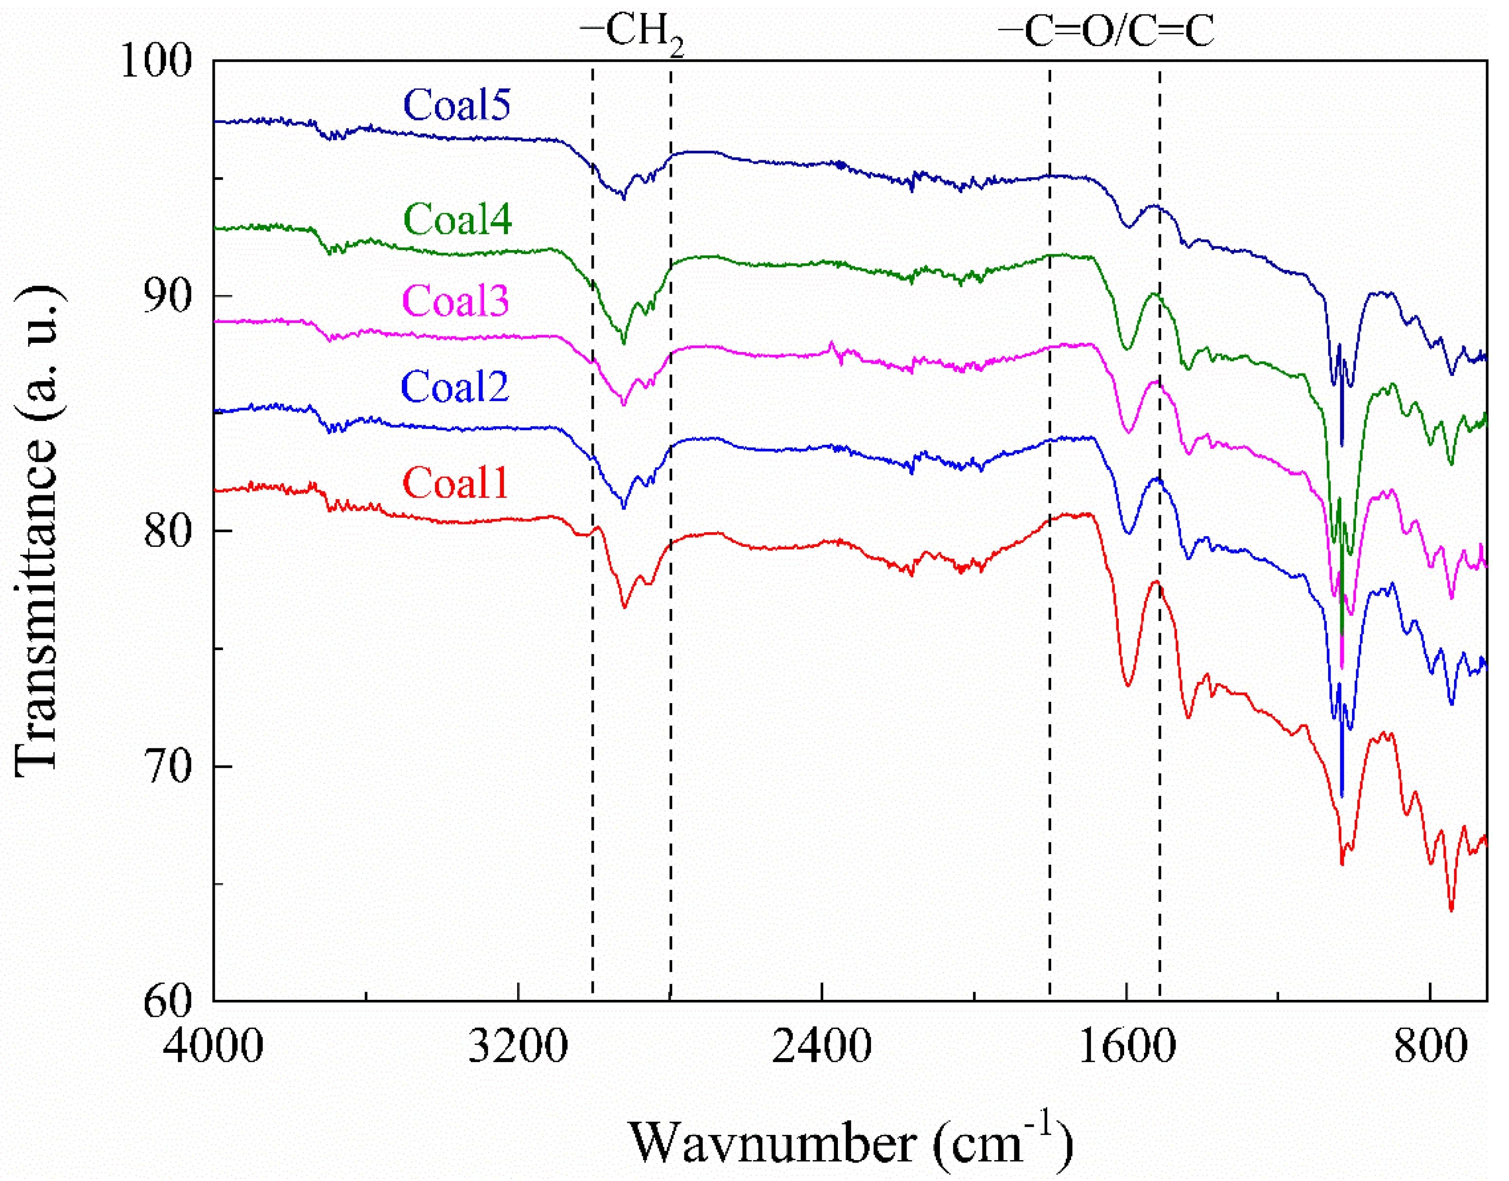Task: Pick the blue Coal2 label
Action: (x=455, y=387)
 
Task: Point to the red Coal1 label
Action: (x=455, y=483)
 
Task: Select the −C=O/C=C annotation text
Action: (x=1106, y=32)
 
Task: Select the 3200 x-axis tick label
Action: (x=518, y=1046)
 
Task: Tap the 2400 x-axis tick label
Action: (x=821, y=1046)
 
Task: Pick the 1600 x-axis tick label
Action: (x=1127, y=1046)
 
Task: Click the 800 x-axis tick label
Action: (x=1430, y=1046)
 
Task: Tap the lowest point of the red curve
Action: (x=1451, y=910)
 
